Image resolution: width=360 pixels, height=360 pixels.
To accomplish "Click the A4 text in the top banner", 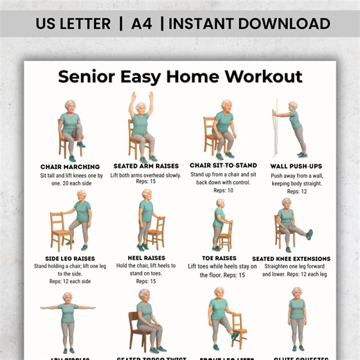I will (x=141, y=24).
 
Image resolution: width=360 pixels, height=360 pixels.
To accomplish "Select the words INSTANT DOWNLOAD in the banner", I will (x=249, y=24).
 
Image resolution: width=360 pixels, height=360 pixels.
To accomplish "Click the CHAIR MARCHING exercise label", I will (x=70, y=167).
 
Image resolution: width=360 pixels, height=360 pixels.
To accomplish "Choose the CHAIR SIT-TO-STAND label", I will (x=223, y=165).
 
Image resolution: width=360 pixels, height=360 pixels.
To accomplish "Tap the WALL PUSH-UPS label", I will (x=297, y=166).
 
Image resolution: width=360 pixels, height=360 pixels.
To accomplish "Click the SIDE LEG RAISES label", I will (x=70, y=259).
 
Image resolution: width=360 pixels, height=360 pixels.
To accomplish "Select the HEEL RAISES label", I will (x=146, y=258).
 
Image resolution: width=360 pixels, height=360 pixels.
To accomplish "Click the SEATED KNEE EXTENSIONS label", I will (x=291, y=259).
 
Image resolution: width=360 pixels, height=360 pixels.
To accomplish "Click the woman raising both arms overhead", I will (x=141, y=125).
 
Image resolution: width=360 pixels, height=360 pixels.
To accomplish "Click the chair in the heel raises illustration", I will (x=158, y=232).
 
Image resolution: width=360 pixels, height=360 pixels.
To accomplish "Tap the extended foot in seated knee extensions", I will (x=309, y=234).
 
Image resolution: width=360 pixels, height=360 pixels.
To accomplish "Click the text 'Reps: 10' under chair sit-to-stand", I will (x=221, y=190).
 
